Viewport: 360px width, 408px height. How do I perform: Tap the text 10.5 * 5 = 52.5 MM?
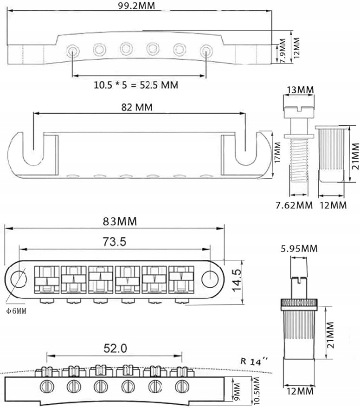tap(135, 85)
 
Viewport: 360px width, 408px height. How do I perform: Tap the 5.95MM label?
tap(299, 248)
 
